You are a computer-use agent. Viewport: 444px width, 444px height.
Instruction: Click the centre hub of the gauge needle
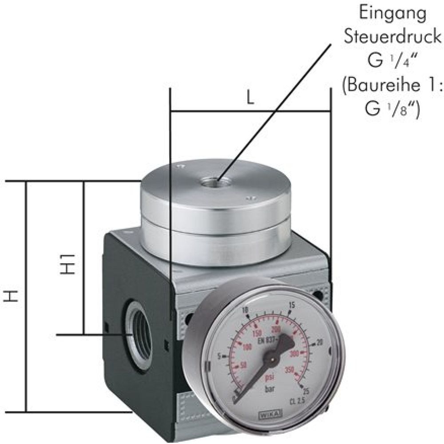[270, 355]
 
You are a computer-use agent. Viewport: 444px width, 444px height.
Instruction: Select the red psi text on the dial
[269, 378]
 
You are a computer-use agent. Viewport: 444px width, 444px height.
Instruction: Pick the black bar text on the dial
[270, 389]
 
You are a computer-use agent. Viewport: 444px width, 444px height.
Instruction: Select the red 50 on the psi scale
[243, 365]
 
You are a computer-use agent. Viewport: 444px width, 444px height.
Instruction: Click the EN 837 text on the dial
[268, 340]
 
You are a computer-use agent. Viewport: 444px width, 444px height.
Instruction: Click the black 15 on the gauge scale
[291, 305]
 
